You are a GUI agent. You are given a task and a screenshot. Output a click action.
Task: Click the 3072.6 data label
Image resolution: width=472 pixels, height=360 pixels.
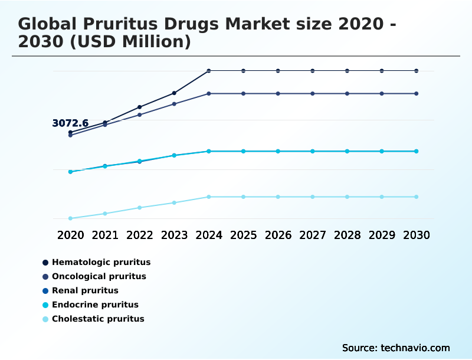pos(70,123)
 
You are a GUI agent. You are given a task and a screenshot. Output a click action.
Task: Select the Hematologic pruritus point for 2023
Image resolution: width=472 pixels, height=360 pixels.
pos(174,93)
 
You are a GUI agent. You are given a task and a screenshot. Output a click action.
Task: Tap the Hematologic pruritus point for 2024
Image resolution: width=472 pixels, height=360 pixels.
pos(209,71)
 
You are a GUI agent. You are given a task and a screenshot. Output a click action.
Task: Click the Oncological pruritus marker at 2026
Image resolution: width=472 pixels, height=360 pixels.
pos(278,94)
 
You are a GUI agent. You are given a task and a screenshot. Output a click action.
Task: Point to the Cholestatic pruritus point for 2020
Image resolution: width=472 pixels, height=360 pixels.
pos(70,218)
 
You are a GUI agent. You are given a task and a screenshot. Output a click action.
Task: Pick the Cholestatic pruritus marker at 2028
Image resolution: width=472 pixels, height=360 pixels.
pos(347,197)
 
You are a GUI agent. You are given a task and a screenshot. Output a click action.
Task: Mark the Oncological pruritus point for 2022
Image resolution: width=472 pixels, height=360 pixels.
pos(140,114)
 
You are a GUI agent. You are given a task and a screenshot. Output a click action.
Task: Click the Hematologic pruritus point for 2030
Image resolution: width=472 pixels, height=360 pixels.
pos(417,71)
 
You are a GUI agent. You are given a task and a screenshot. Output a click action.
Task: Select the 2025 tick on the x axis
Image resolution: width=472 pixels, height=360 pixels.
pos(243,235)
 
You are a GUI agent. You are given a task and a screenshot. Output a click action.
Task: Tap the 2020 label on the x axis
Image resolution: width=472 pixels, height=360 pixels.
pos(70,235)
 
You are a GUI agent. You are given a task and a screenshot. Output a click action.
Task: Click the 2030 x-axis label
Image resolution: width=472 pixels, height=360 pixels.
pos(417,235)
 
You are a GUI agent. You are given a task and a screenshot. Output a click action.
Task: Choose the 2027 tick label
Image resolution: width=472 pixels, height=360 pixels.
pos(313,235)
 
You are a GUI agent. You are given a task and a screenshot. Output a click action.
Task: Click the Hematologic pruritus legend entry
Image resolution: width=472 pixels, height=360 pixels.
pos(101,262)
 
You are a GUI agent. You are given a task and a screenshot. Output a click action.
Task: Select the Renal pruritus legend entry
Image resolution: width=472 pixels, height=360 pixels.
pos(85,290)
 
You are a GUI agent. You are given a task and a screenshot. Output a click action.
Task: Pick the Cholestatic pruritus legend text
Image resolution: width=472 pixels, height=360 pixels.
pos(98,319)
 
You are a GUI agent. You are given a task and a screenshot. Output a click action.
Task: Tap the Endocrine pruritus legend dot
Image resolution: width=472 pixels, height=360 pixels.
pos(45,305)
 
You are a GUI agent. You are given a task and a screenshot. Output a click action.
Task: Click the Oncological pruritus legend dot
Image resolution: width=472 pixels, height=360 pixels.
pos(45,277)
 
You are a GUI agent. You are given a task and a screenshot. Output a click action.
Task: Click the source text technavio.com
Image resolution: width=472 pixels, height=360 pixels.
pos(413,348)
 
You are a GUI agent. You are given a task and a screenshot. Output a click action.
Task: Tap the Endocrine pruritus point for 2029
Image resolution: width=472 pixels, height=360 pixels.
pos(382,152)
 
